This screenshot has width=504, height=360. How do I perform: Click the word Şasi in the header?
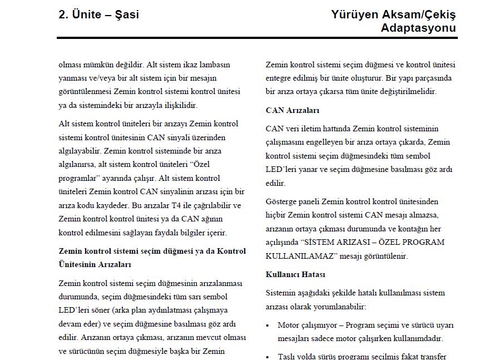pyautogui.click(x=127, y=15)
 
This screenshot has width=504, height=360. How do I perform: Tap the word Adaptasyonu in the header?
pyautogui.click(x=418, y=28)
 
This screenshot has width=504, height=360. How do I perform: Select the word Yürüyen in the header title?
pyautogui.click(x=354, y=15)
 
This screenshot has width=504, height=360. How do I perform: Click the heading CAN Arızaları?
pyautogui.click(x=293, y=110)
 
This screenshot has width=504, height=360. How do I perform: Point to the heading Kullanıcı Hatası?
pyautogui.click(x=295, y=274)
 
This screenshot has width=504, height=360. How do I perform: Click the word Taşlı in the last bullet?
pyautogui.click(x=287, y=357)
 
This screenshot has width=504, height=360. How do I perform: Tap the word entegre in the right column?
pyautogui.click(x=280, y=78)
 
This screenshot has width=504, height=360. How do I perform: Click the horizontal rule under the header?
pyautogui.click(x=257, y=38)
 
